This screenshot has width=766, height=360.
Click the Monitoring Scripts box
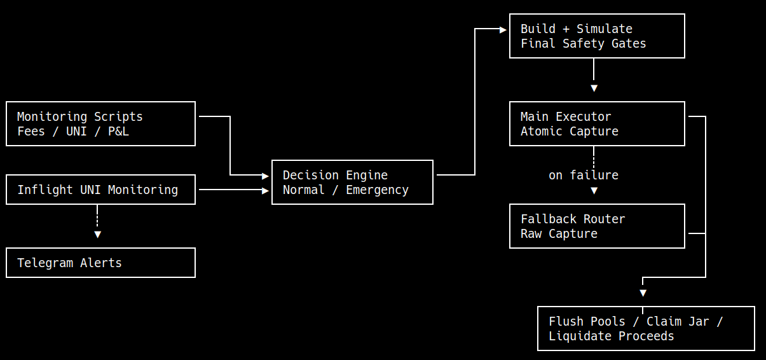point(100,123)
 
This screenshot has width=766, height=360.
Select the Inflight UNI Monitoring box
point(100,190)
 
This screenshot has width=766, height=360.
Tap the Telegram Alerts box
point(100,263)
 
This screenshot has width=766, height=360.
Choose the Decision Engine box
point(352,182)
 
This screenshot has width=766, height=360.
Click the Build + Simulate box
point(597,36)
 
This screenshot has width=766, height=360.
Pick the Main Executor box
point(597,123)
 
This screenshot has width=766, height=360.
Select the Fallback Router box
point(597,226)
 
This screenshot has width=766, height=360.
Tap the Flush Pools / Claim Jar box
point(646,329)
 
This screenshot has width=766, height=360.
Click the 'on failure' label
point(584,175)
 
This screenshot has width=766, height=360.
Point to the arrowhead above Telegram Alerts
point(97,235)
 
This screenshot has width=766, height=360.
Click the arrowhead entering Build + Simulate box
point(503,30)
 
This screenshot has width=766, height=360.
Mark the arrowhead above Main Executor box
point(594,88)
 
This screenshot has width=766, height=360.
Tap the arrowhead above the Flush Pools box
point(643,293)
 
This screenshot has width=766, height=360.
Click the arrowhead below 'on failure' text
point(594,191)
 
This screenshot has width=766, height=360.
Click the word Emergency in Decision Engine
point(377,190)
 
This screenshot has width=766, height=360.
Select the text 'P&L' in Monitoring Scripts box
point(118,132)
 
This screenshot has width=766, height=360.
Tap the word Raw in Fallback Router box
point(531,233)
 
